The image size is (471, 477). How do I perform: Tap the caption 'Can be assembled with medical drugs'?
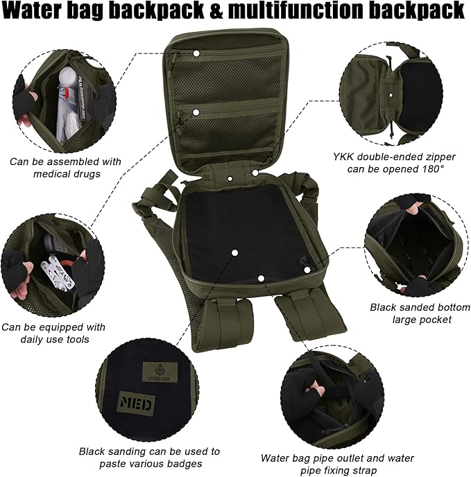(x=66, y=168)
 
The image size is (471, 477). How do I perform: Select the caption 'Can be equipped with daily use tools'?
(x=53, y=334)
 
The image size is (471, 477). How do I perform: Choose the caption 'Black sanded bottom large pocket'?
(x=420, y=313)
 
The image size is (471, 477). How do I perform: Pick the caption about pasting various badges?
(x=149, y=457)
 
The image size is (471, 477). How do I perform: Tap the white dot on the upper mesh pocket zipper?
(x=196, y=53)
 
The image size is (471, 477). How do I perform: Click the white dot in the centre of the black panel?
(x=234, y=253)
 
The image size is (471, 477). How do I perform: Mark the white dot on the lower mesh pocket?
(x=196, y=111)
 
